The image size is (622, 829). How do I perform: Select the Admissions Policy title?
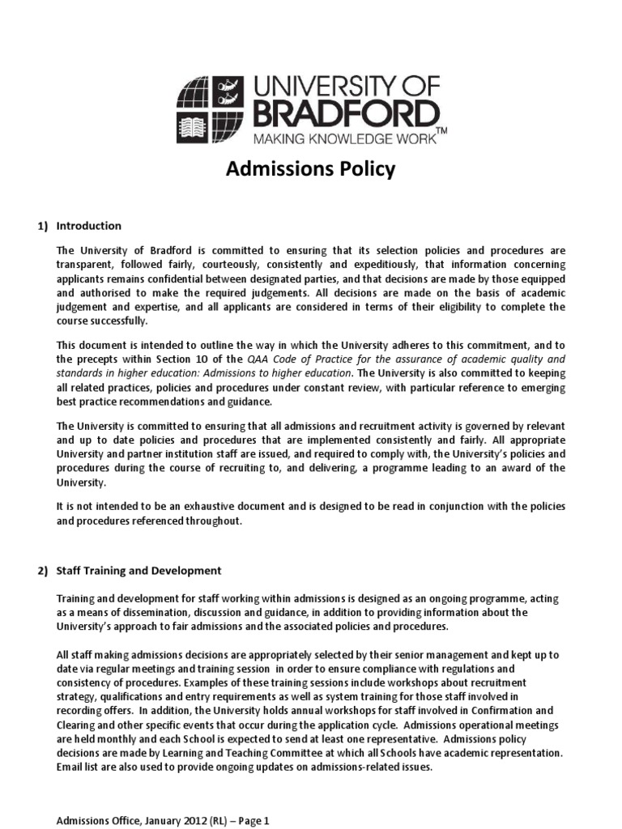pyautogui.click(x=310, y=170)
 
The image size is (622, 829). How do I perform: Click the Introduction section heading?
pyautogui.click(x=89, y=226)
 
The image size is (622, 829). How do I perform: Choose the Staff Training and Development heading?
pyautogui.click(x=138, y=571)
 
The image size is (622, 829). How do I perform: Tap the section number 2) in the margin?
pyautogui.click(x=42, y=571)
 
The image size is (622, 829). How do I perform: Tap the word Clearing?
pyautogui.click(x=78, y=725)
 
